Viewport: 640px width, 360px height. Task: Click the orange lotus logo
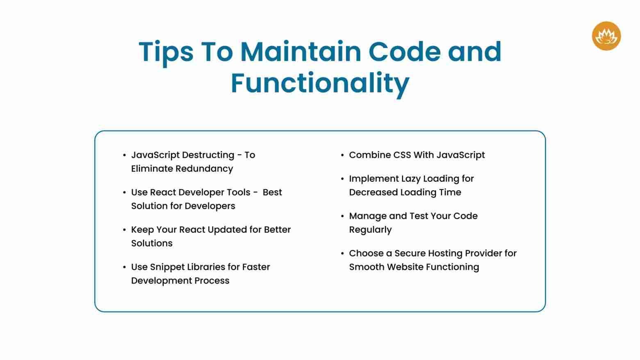[x=606, y=36]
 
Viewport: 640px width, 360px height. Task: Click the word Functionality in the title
[x=320, y=83]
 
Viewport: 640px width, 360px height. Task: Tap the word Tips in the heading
[x=166, y=52]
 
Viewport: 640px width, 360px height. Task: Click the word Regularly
[x=370, y=230]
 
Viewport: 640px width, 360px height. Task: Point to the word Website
[x=405, y=267]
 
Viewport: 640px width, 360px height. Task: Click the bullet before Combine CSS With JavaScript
[x=342, y=155]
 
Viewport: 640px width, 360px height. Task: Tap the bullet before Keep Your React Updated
[x=124, y=230]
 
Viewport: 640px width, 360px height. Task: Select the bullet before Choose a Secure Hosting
[x=342, y=253]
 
